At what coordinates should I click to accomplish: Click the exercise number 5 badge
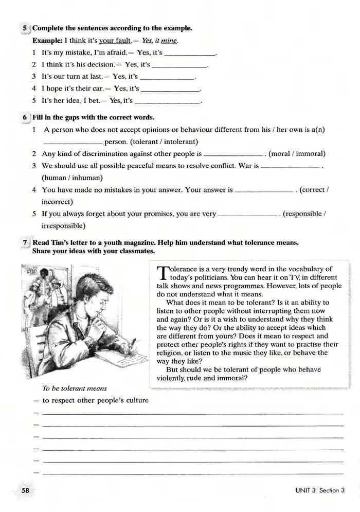tap(25, 28)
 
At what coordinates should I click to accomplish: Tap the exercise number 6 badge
tap(25, 117)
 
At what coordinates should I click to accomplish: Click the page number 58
tap(25, 490)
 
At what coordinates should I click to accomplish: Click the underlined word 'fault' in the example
tap(124, 40)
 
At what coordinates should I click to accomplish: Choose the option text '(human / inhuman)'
tap(73, 178)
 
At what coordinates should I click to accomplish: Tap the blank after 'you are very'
tap(248, 214)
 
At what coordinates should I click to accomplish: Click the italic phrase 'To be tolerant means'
tap(75, 388)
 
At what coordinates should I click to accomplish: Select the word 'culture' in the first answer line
tap(136, 400)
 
